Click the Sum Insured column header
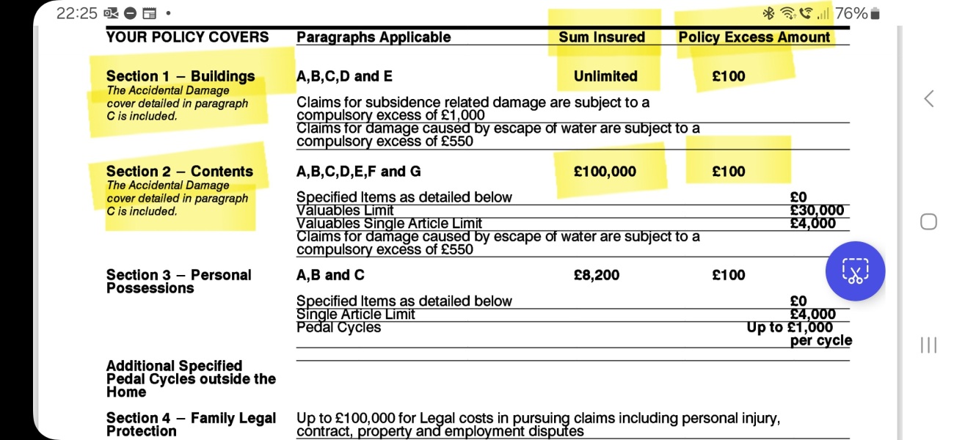[x=602, y=37]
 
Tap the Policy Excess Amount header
[x=754, y=37]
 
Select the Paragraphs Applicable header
[x=374, y=37]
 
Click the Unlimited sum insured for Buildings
[x=605, y=76]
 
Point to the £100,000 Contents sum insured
[x=605, y=172]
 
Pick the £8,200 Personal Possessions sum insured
[x=597, y=275]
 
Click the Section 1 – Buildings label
[x=181, y=76]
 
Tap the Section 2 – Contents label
[x=179, y=172]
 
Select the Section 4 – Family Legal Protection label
[x=191, y=425]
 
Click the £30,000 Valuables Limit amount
[x=817, y=211]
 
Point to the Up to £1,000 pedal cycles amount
[x=790, y=328]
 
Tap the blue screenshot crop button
[x=855, y=271]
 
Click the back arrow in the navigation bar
[x=929, y=99]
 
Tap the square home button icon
[x=928, y=221]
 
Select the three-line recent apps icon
[x=928, y=345]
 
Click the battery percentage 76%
[x=851, y=13]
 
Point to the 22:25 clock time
[x=76, y=13]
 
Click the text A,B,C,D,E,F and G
[x=358, y=172]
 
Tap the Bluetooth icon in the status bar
[x=768, y=13]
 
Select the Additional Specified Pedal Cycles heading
[x=191, y=378]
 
